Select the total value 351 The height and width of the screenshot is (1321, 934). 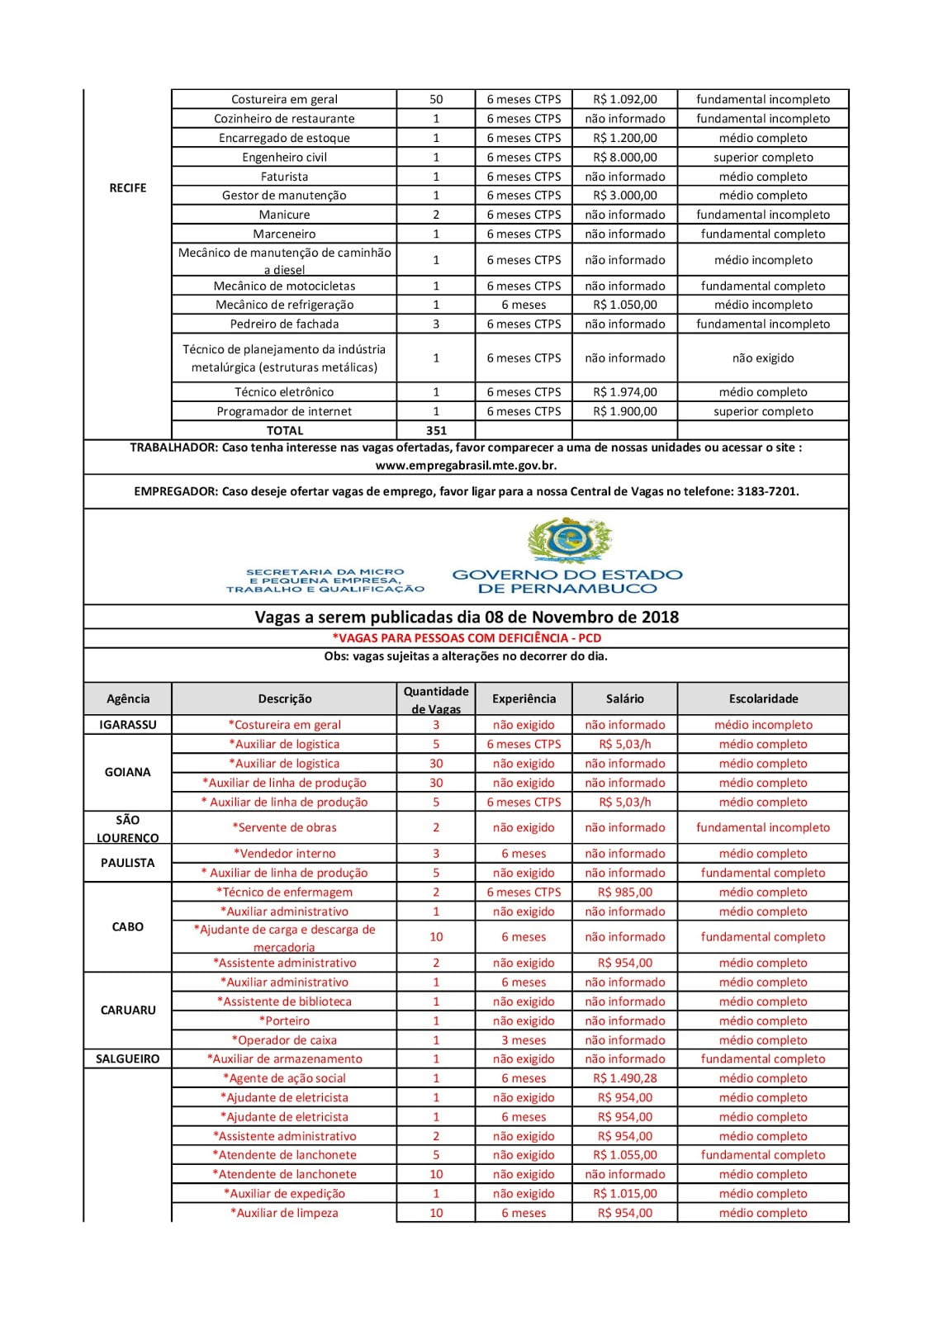pos(436,430)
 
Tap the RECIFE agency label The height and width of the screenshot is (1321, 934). pos(128,188)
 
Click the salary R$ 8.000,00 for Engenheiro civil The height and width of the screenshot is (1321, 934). pos(625,157)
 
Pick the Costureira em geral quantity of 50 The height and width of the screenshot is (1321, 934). pos(436,99)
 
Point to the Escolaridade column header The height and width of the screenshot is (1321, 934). pos(763,698)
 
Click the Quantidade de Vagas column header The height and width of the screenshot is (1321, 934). pos(436,699)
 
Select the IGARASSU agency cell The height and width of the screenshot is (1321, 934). pos(128,725)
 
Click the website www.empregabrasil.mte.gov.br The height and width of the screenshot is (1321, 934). pos(466,466)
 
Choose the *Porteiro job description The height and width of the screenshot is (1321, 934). pos(284,1020)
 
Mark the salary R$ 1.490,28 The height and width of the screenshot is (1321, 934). pos(625,1078)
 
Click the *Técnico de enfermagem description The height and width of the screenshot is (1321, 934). pos(284,892)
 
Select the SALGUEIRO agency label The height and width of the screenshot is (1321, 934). pos(128,1058)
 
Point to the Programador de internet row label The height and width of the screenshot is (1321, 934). pos(284,411)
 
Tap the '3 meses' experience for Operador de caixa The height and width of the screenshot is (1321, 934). pos(524,1040)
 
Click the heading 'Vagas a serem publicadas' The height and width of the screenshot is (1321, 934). pos(467,617)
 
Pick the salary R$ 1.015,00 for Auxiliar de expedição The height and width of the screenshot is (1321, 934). pos(625,1193)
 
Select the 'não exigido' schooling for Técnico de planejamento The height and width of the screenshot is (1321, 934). pos(763,358)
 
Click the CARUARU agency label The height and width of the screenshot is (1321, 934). pos(128,1010)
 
